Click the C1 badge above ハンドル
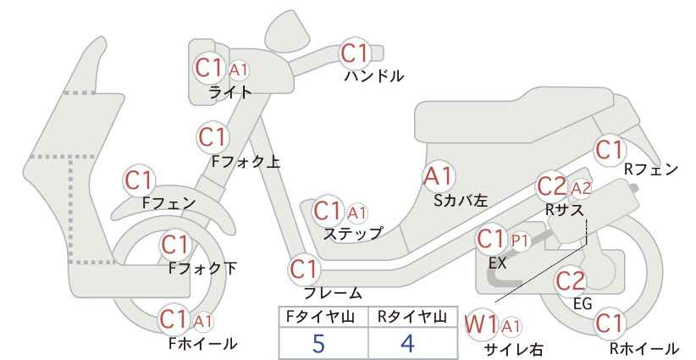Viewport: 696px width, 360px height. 355,53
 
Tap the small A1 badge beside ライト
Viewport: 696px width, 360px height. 239,70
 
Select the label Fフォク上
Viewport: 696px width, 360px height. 246,162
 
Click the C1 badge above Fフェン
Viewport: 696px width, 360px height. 139,180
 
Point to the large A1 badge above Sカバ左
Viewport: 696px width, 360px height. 438,176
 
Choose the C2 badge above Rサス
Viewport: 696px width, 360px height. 552,187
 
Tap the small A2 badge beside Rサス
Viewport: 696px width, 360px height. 581,189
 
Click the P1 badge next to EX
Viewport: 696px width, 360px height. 520,241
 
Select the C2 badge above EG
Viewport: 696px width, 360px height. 571,281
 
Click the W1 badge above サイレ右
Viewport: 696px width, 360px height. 482,325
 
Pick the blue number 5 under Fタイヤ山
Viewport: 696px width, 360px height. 319,343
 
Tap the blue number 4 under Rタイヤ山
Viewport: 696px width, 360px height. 407,343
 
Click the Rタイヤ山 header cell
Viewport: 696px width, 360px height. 413,317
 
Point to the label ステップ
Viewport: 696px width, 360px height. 352,234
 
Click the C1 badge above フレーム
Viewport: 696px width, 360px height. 305,269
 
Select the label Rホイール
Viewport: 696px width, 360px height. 644,348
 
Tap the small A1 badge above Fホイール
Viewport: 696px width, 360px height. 203,321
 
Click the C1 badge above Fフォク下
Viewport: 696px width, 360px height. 176,245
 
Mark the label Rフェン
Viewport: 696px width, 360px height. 651,169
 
